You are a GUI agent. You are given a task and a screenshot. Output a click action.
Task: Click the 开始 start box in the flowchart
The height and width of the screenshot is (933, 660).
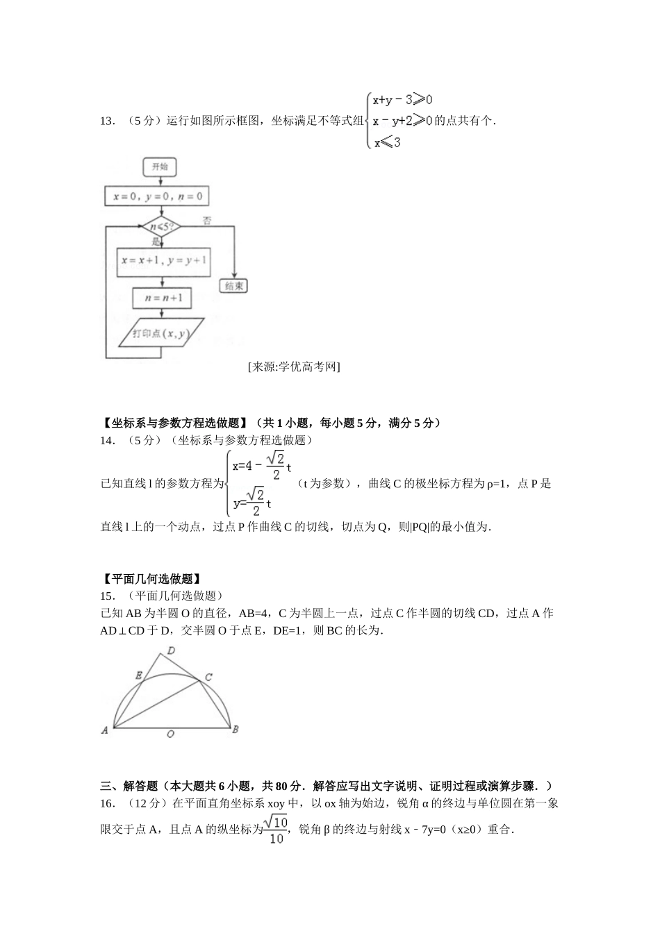[160, 167]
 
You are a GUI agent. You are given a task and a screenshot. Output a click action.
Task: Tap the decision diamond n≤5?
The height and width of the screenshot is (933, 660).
[160, 227]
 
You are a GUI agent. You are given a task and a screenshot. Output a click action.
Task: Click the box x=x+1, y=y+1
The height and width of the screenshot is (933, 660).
[163, 261]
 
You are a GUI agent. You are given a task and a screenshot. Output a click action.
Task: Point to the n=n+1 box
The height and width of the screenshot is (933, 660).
[163, 298]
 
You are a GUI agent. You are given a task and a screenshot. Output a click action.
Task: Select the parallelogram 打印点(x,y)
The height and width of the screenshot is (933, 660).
[162, 334]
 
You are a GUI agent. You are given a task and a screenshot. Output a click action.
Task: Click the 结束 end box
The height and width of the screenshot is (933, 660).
[233, 286]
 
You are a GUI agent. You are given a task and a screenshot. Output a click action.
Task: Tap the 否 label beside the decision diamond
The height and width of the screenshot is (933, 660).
[207, 221]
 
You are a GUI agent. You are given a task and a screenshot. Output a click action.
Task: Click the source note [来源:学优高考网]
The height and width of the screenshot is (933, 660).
[293, 367]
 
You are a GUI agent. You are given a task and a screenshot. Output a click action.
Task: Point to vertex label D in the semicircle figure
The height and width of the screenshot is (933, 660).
[170, 650]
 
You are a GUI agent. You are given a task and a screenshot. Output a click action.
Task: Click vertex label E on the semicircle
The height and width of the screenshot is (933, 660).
[139, 675]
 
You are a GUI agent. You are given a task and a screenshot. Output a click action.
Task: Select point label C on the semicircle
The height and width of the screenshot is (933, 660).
[208, 677]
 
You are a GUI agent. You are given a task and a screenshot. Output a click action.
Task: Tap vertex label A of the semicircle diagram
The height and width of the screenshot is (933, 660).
[105, 730]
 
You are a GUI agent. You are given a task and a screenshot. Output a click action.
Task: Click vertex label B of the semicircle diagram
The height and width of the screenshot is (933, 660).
[235, 729]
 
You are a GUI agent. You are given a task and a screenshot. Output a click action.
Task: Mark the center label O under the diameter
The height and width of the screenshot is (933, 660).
[170, 734]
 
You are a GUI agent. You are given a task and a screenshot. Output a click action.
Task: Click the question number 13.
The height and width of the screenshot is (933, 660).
[108, 121]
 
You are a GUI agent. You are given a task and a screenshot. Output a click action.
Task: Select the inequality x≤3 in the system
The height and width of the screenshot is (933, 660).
[387, 143]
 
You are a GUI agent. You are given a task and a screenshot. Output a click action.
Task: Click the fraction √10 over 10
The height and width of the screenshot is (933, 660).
[277, 830]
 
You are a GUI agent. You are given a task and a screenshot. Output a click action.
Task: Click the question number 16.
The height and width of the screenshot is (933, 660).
[108, 803]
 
